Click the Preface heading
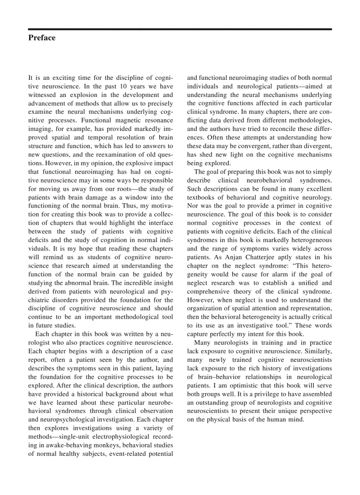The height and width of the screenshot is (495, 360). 42,38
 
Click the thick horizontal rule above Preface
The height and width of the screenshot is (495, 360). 180,29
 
